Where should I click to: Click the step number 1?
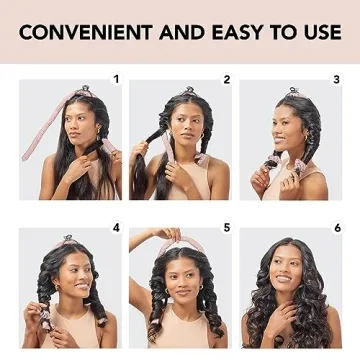tap(115, 78)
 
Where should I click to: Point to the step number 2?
tap(226, 78)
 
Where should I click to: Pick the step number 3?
tap(336, 78)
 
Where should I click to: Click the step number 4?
tap(115, 228)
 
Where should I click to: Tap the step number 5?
tap(226, 228)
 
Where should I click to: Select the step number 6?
tap(337, 228)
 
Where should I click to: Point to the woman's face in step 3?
tap(286, 127)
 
